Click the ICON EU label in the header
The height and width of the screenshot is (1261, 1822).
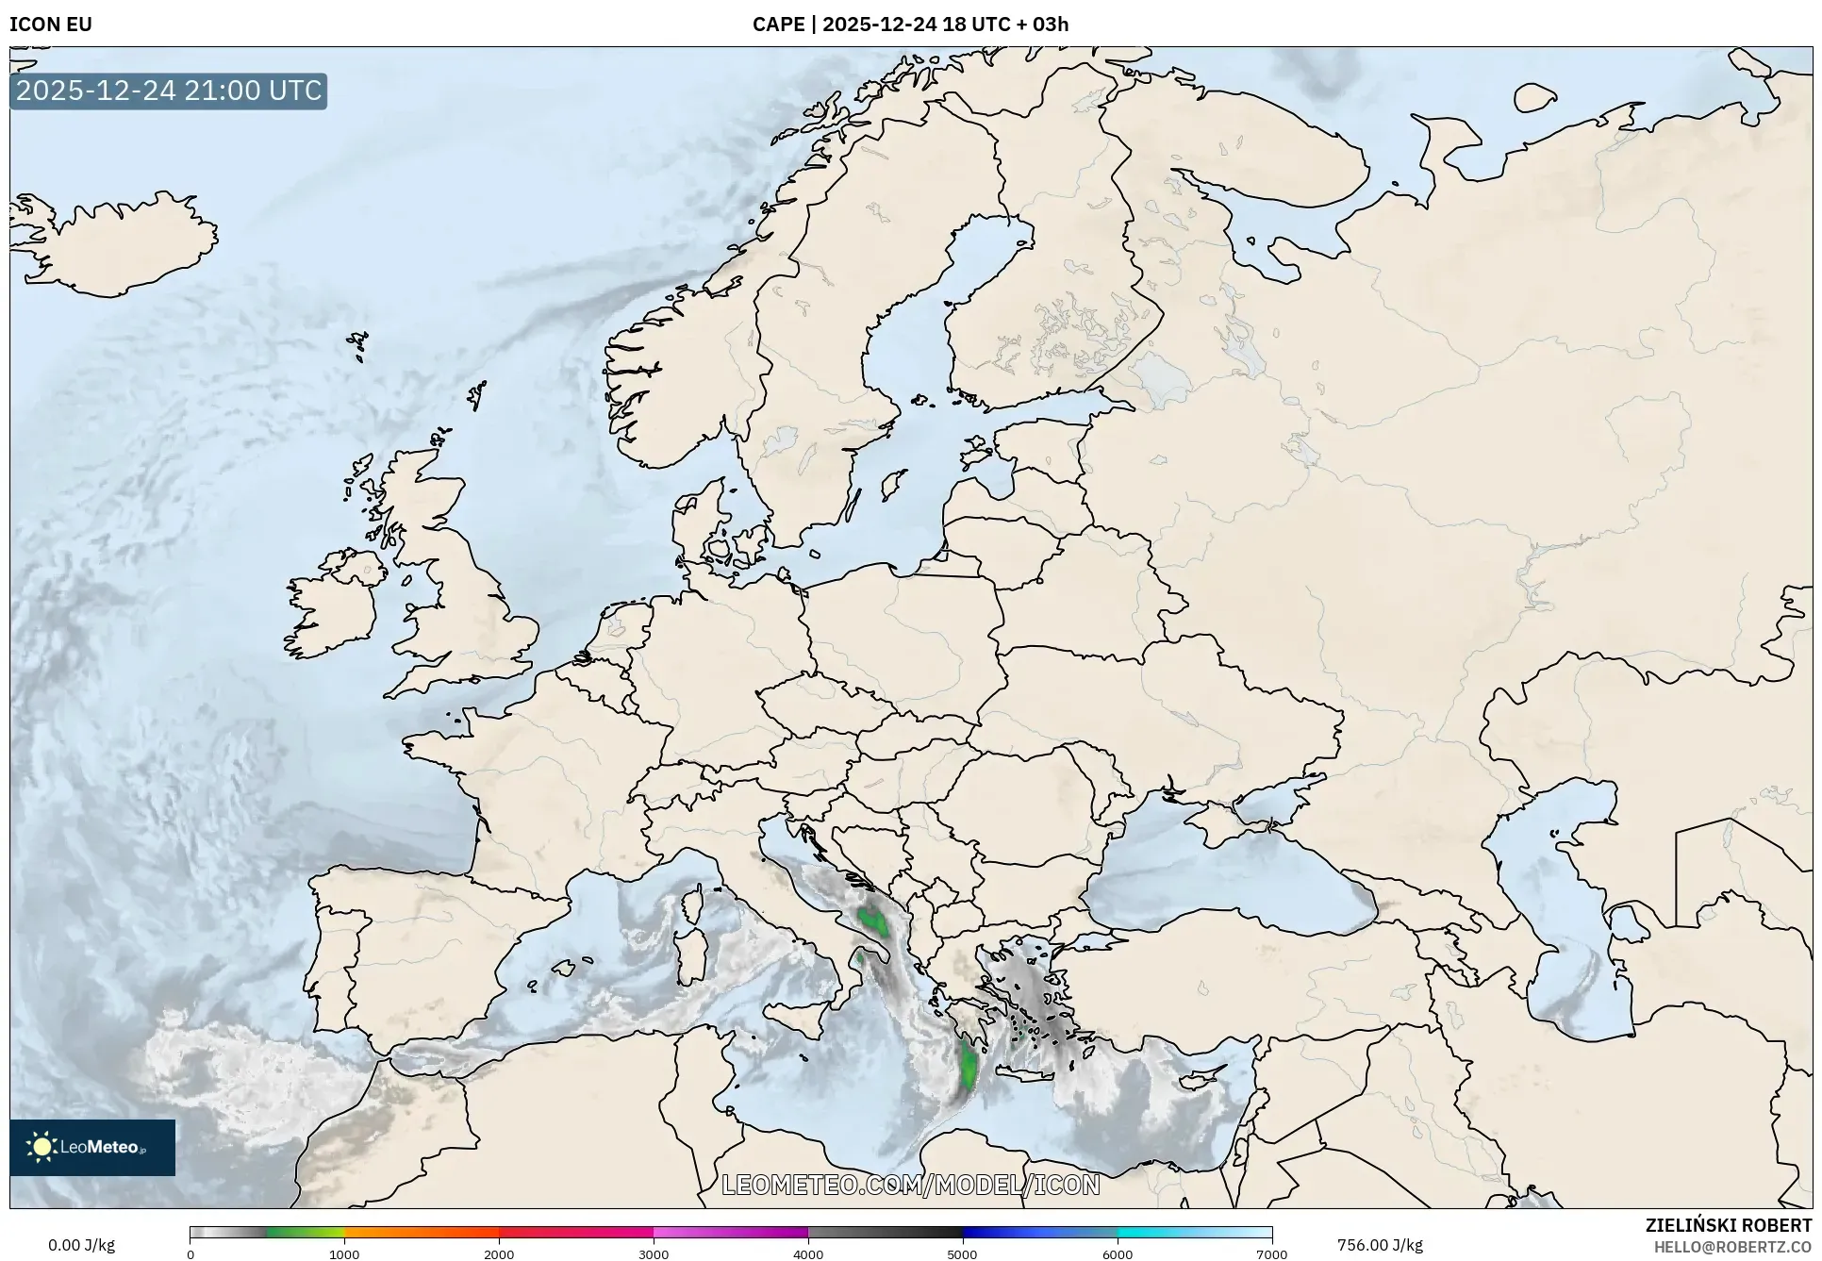tap(51, 25)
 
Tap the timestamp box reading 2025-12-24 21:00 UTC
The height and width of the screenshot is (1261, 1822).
tap(169, 91)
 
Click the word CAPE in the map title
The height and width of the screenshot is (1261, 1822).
tap(778, 25)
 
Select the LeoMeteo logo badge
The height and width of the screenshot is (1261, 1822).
tap(92, 1147)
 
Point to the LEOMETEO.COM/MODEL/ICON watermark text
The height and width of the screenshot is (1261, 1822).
tap(910, 1185)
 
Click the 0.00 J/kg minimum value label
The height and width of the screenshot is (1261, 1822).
tap(81, 1245)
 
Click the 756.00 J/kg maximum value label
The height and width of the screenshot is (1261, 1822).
tap(1380, 1245)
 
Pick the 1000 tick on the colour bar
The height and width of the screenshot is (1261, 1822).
tap(344, 1254)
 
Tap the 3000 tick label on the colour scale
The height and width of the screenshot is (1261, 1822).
tap(654, 1254)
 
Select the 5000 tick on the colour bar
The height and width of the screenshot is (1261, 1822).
tap(962, 1254)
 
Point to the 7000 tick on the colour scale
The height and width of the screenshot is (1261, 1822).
tap(1271, 1254)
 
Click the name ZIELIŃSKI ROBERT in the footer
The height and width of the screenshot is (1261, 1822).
tap(1729, 1225)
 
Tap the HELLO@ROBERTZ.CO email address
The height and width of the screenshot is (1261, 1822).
tap(1732, 1246)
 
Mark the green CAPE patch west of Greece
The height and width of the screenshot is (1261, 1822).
tap(968, 1066)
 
